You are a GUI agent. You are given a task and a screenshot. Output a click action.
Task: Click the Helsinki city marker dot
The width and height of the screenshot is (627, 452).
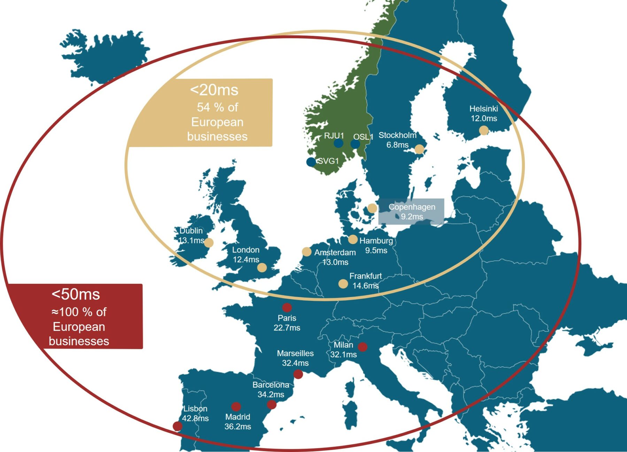click(483, 131)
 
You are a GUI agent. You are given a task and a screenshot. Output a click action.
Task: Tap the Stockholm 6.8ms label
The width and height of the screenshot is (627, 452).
click(397, 140)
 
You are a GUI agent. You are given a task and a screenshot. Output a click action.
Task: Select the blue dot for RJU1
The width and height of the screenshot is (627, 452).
click(338, 143)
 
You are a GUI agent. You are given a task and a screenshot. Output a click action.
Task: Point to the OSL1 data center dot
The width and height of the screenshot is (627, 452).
click(355, 144)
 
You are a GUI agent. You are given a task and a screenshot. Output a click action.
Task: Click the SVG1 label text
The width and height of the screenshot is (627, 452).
click(328, 161)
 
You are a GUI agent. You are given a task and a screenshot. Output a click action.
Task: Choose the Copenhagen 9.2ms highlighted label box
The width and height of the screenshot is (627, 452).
click(411, 211)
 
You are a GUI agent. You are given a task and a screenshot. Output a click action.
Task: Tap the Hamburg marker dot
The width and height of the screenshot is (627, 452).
click(353, 239)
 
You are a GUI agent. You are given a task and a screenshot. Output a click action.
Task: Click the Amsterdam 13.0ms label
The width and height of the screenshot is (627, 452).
click(335, 257)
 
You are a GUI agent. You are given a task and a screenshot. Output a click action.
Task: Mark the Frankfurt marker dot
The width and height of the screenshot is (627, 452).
click(343, 284)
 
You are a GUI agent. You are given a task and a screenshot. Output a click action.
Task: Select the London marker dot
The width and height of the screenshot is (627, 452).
click(262, 267)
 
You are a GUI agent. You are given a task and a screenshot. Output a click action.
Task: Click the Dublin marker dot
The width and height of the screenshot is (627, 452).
click(209, 243)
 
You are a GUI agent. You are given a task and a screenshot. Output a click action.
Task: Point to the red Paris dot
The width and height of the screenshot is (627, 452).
click(287, 307)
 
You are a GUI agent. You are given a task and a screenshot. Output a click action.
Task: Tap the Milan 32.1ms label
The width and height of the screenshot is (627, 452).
click(343, 350)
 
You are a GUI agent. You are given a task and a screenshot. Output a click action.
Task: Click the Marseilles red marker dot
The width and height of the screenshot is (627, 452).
click(298, 374)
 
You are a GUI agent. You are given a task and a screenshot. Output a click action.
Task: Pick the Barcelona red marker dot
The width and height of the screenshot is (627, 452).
click(272, 405)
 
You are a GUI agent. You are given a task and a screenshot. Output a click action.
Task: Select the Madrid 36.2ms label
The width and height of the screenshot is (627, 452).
click(238, 422)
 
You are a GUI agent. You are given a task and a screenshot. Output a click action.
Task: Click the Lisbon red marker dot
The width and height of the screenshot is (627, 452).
click(177, 426)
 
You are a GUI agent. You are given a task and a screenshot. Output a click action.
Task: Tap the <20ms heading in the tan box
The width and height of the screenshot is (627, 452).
click(214, 90)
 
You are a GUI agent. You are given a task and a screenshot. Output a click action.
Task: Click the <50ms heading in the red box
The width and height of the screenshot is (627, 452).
click(76, 295)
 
